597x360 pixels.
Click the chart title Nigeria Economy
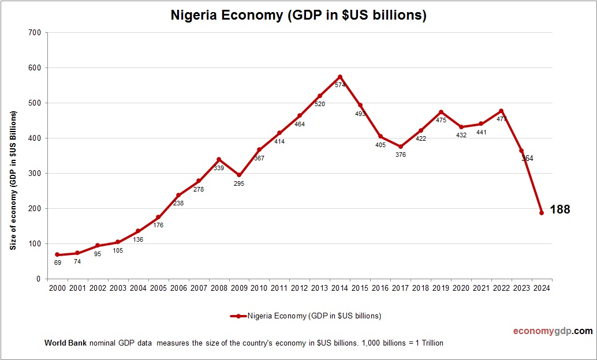[x=298, y=16]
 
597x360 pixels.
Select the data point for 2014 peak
[x=340, y=77]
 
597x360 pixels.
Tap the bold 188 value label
[x=559, y=209]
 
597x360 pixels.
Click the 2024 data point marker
[x=542, y=213]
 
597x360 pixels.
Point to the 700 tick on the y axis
[x=34, y=33]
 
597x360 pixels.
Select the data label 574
[x=340, y=85]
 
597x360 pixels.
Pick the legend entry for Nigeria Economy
[x=305, y=316]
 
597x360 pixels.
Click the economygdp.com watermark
[x=553, y=331]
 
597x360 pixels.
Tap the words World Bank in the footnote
[x=65, y=343]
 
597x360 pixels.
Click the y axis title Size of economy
[x=13, y=180]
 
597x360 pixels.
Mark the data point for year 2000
[x=57, y=254]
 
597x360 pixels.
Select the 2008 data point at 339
[x=219, y=159]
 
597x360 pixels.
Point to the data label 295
[x=239, y=183]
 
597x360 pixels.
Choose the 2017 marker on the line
[x=401, y=147]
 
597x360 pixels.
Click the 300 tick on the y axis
[x=34, y=174]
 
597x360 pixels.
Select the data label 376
[x=401, y=155]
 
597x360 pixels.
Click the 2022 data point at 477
[x=501, y=111]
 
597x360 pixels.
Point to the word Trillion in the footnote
[x=430, y=343]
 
